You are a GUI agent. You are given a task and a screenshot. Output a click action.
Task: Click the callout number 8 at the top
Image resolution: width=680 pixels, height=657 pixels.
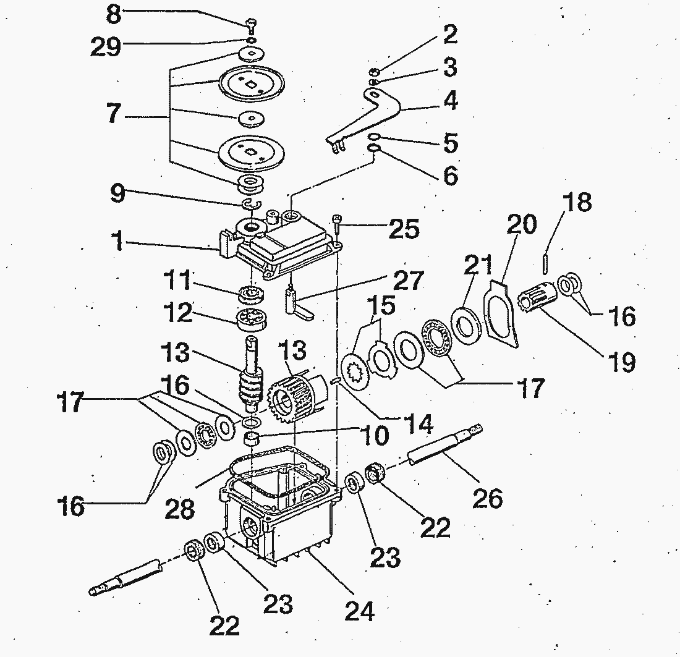click(113, 13)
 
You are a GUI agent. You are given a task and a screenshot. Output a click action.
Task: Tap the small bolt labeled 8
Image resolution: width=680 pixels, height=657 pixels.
click(251, 25)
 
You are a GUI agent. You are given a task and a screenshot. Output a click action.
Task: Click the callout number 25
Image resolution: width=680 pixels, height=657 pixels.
click(402, 229)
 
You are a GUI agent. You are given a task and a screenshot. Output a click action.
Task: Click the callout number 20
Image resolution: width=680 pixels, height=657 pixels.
click(522, 224)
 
